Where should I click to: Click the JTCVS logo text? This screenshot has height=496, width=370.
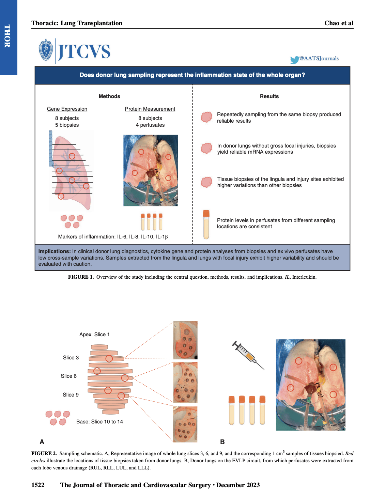pyautogui.click(x=84, y=52)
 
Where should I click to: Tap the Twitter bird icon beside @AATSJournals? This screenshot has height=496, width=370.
pyautogui.click(x=294, y=60)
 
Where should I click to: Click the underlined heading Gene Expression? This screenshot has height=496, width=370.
pyautogui.click(x=67, y=109)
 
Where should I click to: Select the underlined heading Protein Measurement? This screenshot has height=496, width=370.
pyautogui.click(x=150, y=109)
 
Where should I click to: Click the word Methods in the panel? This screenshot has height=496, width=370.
pyautogui.click(x=109, y=96)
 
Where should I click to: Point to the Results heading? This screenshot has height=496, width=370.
pyautogui.click(x=269, y=96)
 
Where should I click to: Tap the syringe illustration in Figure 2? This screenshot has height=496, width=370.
pyautogui.click(x=248, y=355)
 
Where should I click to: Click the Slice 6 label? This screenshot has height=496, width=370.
pyautogui.click(x=69, y=376)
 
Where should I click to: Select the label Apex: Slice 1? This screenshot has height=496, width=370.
pyautogui.click(x=94, y=335)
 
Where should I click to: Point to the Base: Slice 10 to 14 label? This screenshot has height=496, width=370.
pyautogui.click(x=99, y=422)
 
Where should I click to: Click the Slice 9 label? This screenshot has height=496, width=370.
pyautogui.click(x=71, y=395)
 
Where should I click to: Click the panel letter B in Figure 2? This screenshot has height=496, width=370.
pyautogui.click(x=222, y=442)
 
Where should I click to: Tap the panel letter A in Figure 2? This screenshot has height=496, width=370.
pyautogui.click(x=42, y=442)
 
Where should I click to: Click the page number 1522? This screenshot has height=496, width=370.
pyautogui.click(x=38, y=485)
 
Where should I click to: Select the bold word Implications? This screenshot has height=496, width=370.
pyautogui.click(x=55, y=251)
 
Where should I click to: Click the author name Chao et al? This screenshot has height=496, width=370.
pyautogui.click(x=339, y=23)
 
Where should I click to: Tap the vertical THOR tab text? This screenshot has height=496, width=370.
pyautogui.click(x=7, y=36)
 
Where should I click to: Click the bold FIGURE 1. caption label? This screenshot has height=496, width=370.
pyautogui.click(x=81, y=277)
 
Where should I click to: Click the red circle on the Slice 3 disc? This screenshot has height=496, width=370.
pyautogui.click(x=109, y=358)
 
